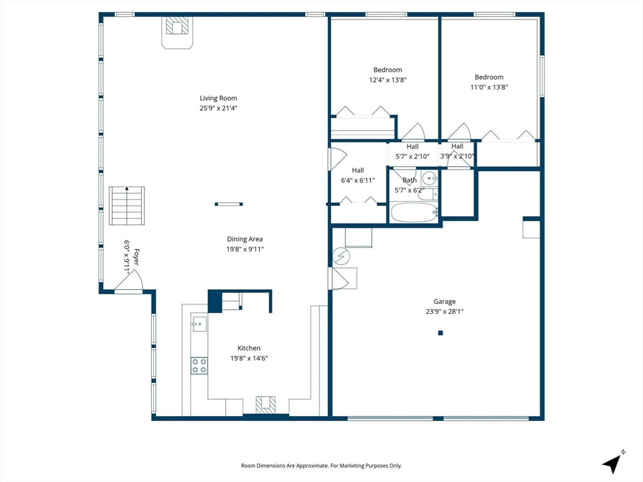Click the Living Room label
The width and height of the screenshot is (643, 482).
[x=218, y=99]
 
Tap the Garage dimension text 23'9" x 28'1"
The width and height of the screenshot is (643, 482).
[x=445, y=311]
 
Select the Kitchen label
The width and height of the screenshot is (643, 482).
[x=249, y=348]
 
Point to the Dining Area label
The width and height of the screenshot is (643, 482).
[x=245, y=239]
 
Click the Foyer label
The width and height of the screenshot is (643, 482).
[x=136, y=257]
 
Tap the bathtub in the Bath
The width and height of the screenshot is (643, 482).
[x=414, y=212]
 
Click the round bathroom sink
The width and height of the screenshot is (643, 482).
[x=430, y=178]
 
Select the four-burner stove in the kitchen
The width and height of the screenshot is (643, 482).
[x=199, y=366]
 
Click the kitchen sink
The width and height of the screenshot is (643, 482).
[x=199, y=324]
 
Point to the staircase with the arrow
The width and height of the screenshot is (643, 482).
[x=127, y=206]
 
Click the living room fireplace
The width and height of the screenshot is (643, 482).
[x=177, y=33]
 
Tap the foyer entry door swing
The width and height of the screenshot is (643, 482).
[x=129, y=281]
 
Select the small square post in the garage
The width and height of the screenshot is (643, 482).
[x=440, y=333]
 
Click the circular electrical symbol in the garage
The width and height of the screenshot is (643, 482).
[x=341, y=256]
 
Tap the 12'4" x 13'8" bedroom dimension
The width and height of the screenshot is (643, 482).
[x=387, y=80]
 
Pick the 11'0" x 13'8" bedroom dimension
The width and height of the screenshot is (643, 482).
[x=489, y=87]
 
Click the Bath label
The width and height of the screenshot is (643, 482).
[x=409, y=180]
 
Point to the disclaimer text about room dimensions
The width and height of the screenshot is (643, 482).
[x=321, y=466]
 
